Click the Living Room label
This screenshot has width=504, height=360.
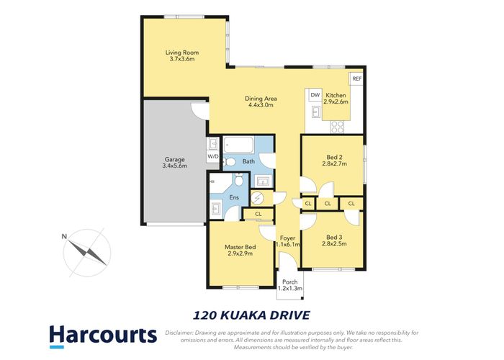coord(181,53)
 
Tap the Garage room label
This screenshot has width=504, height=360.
coord(175,159)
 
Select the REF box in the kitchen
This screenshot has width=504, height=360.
coord(356,78)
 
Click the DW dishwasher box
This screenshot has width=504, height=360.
coord(315,95)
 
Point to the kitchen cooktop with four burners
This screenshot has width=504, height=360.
coord(338,126)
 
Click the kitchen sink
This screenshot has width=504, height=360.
coord(315,112)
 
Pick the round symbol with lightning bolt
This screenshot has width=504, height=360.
coord(258,198)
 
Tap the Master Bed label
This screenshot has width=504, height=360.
coord(240,248)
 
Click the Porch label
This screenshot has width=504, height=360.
coord(290,282)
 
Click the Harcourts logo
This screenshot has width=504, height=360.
coord(102,336)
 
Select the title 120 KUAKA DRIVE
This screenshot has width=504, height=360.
coord(251,314)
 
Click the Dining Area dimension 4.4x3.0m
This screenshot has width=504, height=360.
coord(261,105)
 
